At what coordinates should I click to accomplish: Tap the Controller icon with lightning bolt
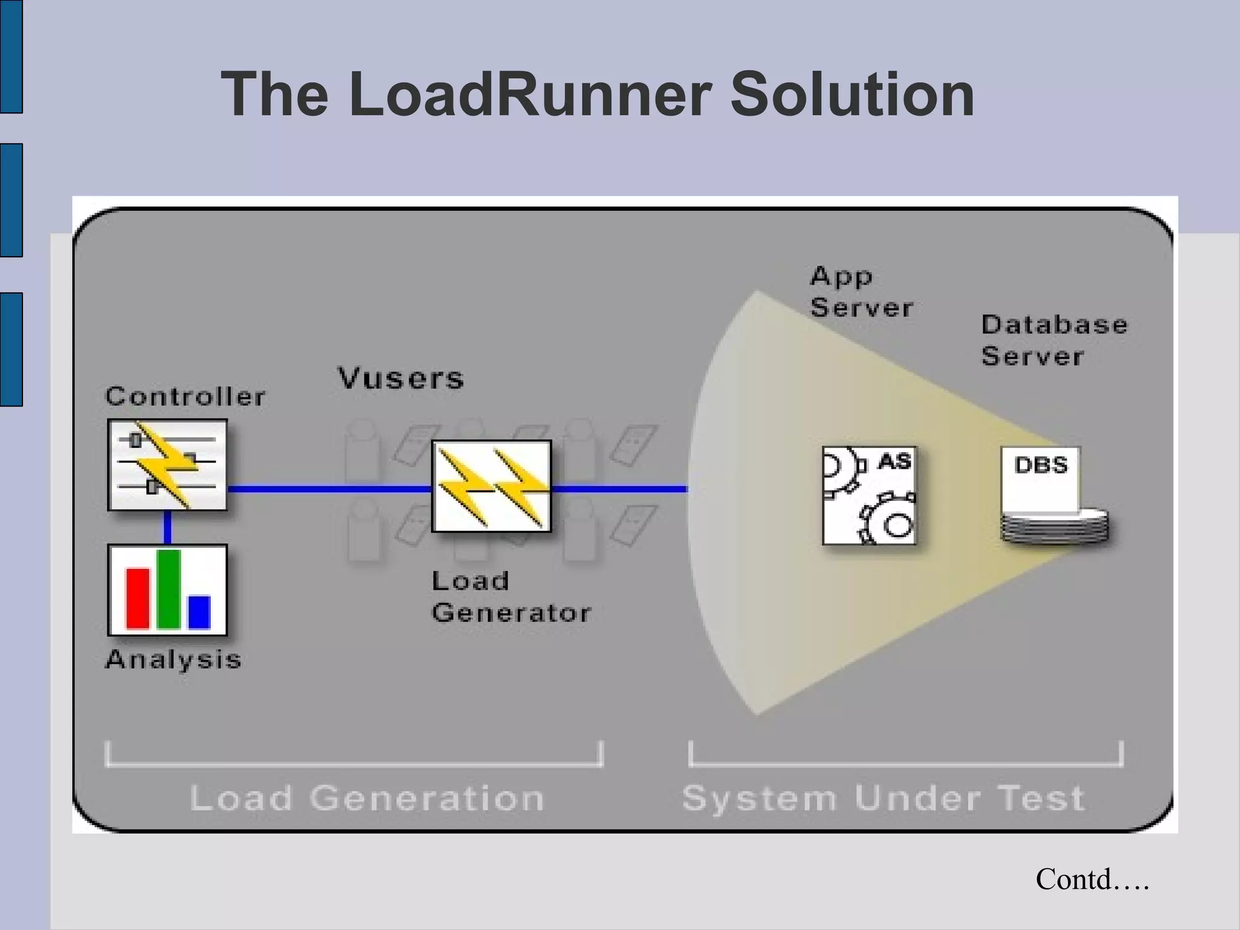coord(167,465)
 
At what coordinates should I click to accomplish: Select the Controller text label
coord(185,397)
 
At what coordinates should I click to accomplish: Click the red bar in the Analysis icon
coord(137,598)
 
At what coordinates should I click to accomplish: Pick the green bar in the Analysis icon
coord(168,589)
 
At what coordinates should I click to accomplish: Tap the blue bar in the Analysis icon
coord(199,612)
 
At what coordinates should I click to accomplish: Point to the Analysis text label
coord(173,659)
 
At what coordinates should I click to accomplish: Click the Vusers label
coord(401,378)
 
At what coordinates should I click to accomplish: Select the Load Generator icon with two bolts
coord(492,486)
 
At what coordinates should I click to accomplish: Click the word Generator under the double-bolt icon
coord(511,613)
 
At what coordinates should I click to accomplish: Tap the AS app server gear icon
coord(869,496)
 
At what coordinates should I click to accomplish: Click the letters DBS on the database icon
coord(1041,465)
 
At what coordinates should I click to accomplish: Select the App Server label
coord(861,292)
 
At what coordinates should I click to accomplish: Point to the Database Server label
coord(1054,340)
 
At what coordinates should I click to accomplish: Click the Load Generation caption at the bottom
coord(367,797)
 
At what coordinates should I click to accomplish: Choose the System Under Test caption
coord(883,797)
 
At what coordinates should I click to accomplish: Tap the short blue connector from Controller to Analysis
coord(168,527)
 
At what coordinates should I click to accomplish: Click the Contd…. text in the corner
coord(1092,880)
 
